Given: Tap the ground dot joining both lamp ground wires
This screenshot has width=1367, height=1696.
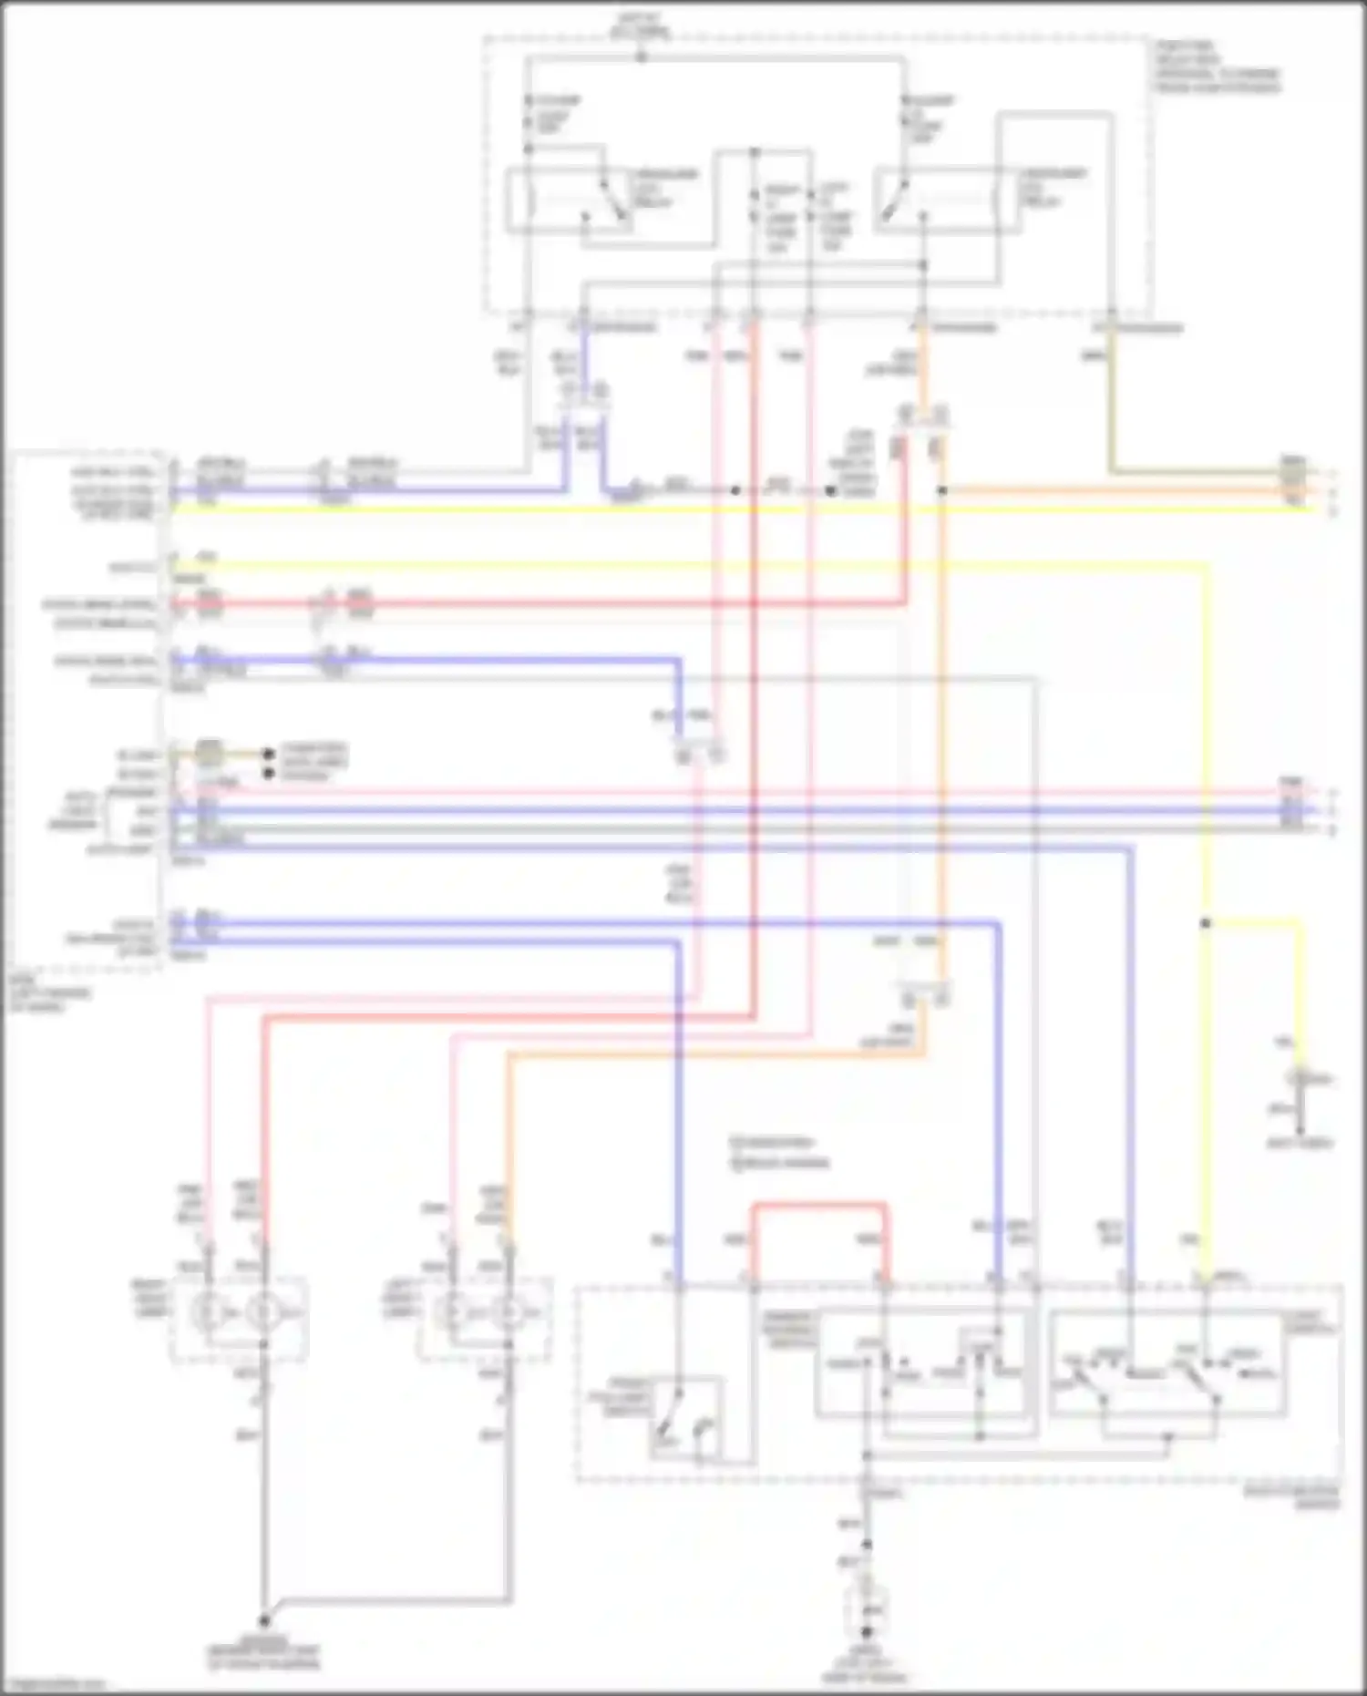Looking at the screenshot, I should coord(264,1621).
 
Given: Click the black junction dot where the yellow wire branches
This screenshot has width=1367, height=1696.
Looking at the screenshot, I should coord(1205,923).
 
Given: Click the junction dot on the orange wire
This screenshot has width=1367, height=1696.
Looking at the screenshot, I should coord(942,490).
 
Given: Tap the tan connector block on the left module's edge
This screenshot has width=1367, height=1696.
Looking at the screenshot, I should coord(209,754).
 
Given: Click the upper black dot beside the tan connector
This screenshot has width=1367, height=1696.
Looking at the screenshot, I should coord(268,755).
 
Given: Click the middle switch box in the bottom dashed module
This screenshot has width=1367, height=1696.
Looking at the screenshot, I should coord(925,1362).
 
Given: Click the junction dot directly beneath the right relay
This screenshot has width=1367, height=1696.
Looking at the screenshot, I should coord(924,265).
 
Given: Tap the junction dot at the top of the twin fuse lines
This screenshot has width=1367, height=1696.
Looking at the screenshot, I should coord(754,152).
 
